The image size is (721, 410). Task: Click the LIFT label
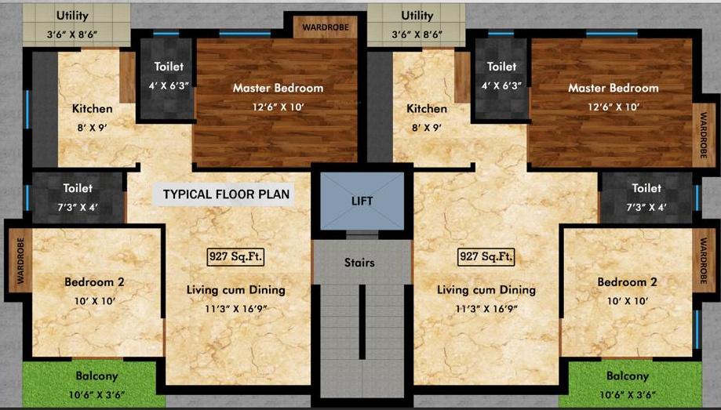click(362, 201)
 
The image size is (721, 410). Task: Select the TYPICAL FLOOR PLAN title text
click(226, 194)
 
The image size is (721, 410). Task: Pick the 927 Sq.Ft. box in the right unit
click(486, 256)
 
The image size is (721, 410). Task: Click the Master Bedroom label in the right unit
click(613, 88)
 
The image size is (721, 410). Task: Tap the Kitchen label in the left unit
click(93, 109)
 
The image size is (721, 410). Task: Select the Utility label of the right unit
click(417, 16)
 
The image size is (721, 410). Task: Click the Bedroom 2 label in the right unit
click(627, 282)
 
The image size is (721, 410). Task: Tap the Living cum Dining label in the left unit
click(235, 290)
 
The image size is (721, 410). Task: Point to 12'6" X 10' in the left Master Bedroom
click(277, 107)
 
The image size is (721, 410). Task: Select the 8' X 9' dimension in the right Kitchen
click(426, 127)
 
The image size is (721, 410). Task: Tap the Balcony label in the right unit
click(627, 376)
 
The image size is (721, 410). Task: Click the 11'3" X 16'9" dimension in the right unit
click(486, 308)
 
